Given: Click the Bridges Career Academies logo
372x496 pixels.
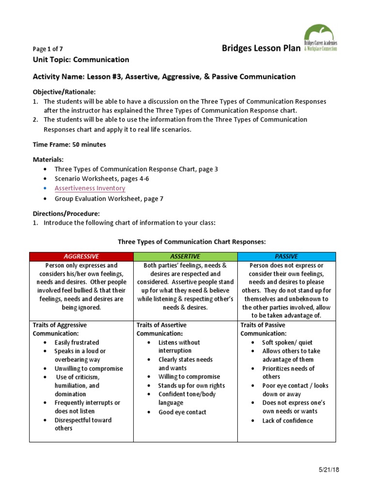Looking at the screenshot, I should click(320, 39).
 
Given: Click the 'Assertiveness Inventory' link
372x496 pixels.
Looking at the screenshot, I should click(90, 188).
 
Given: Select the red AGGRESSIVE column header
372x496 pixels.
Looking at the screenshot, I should click(81, 256).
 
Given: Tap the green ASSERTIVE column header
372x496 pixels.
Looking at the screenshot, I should click(185, 256).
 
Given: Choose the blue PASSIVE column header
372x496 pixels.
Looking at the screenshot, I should click(286, 256).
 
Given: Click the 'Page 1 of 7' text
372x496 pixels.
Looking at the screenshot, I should click(47, 49).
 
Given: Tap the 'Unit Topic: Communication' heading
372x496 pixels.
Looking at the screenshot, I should click(80, 60).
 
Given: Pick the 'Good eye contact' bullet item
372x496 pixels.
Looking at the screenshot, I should click(182, 412).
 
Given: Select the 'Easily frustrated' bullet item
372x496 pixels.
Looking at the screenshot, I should click(77, 342).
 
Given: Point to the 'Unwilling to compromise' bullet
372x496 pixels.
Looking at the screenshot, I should click(88, 368).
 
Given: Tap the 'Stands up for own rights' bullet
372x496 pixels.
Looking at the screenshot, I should click(191, 386).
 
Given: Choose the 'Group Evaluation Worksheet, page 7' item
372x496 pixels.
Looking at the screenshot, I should click(108, 199).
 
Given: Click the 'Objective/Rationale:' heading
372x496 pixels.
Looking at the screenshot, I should click(64, 92).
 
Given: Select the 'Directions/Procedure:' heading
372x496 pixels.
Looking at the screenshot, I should click(65, 213).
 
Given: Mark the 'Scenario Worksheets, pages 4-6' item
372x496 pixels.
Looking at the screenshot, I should click(102, 179).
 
